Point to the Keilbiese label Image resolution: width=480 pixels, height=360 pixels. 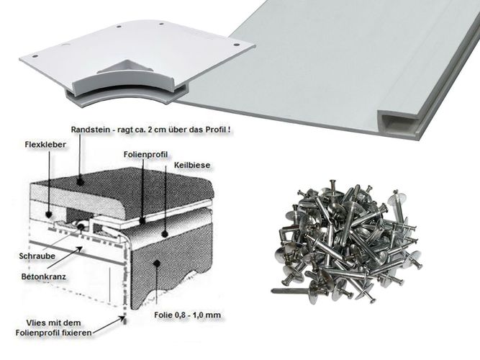click(190, 165)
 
